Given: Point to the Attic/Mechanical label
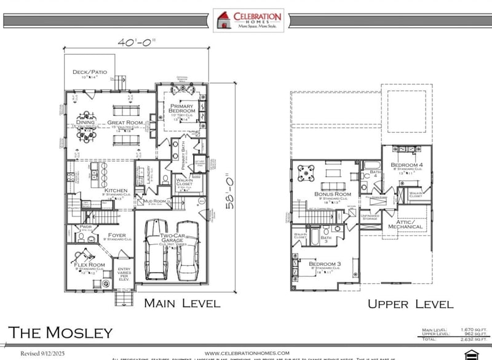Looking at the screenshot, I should click(405, 224).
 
